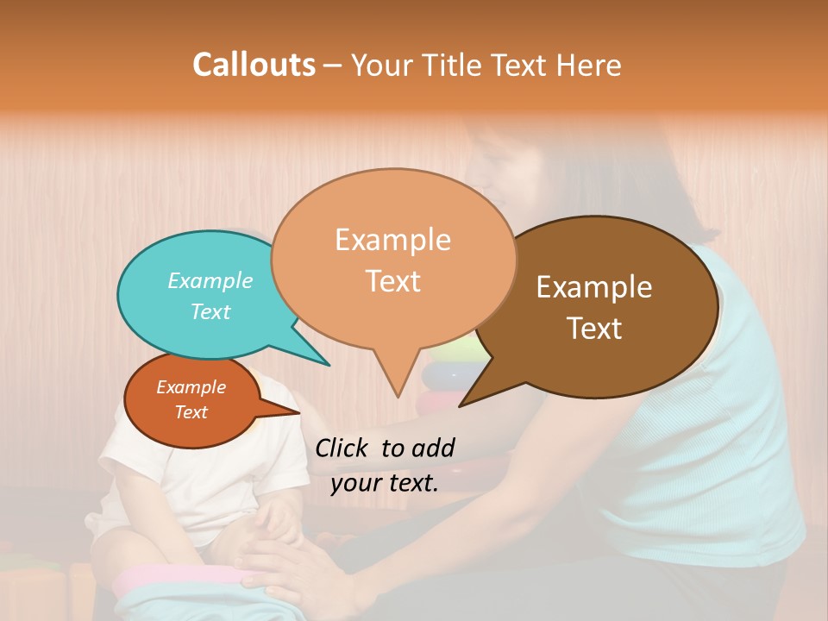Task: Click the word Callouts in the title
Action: pos(254,65)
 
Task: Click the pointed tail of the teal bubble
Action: pos(328,364)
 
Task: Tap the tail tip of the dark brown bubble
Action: pos(461,405)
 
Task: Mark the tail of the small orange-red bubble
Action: pos(298,412)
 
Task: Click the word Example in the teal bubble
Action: pos(210,280)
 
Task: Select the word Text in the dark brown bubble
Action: pos(595,329)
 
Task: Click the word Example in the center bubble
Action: pos(392,239)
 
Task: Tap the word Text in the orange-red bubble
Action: pos(191,412)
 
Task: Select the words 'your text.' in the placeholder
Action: pos(384,483)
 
